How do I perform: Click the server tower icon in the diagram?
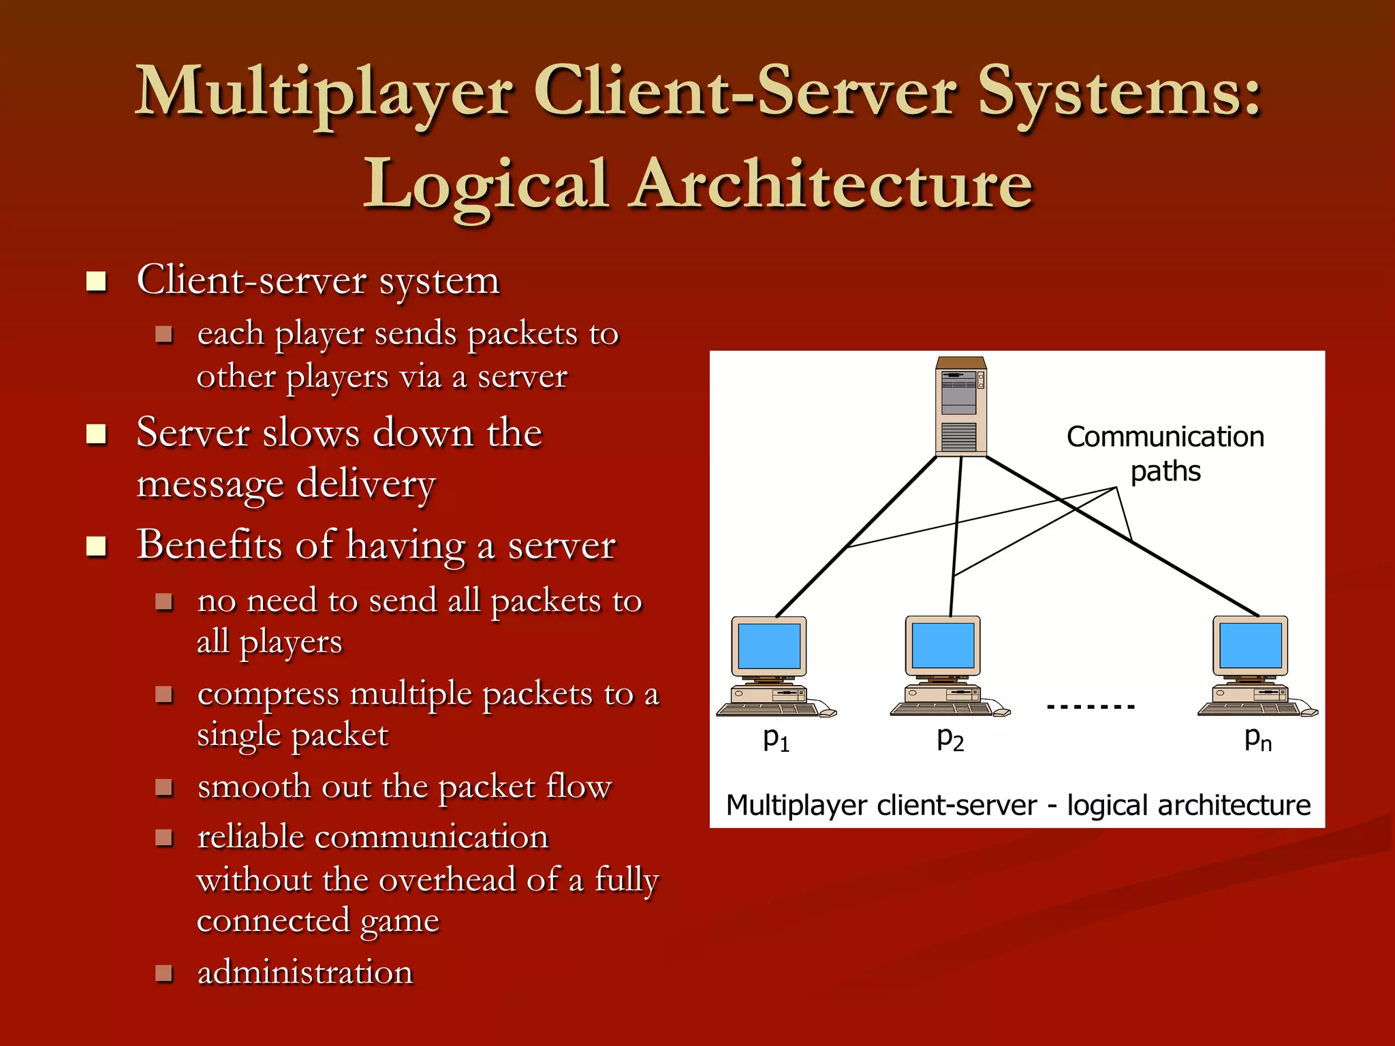coord(961,407)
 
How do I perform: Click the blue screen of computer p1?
coord(769,646)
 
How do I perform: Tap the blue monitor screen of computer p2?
coord(943,645)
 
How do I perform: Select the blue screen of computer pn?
coord(1251,645)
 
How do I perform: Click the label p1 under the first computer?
coord(776,739)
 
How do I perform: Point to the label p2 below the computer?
coord(950,739)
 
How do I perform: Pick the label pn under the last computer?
coord(1258,739)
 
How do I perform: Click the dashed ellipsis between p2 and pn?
coord(1091,707)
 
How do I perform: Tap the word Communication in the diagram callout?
coord(1165,437)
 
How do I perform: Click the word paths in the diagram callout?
coord(1165,471)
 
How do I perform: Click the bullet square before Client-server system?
coord(97,281)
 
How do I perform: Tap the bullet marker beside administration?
coord(163,972)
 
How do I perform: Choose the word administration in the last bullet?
coord(304,972)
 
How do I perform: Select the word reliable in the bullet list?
coord(250,837)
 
